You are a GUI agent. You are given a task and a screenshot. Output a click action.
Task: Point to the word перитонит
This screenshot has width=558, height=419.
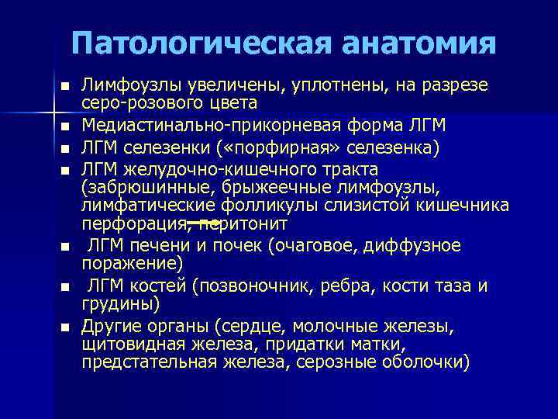(x=244, y=224)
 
